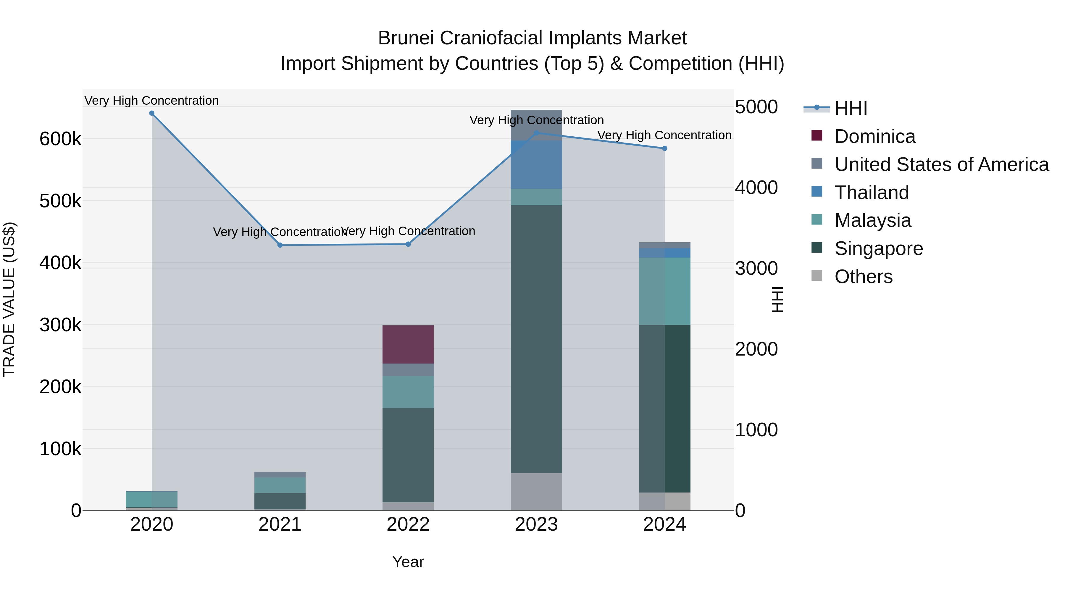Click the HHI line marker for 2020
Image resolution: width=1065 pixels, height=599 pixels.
pyautogui.click(x=152, y=113)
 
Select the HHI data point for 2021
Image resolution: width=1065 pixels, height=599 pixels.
pyautogui.click(x=280, y=245)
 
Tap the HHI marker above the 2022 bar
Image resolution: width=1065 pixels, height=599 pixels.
pyautogui.click(x=408, y=244)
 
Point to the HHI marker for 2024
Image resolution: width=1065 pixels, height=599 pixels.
pyautogui.click(x=665, y=148)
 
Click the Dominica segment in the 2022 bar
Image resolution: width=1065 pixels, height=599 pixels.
pyautogui.click(x=408, y=344)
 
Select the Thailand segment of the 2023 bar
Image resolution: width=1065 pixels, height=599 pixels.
pyautogui.click(x=536, y=165)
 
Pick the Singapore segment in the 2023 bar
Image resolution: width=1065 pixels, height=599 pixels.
pyautogui.click(x=536, y=339)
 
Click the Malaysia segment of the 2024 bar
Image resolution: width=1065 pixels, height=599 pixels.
pyautogui.click(x=665, y=291)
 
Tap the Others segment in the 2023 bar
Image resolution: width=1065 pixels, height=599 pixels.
pyautogui.click(x=536, y=492)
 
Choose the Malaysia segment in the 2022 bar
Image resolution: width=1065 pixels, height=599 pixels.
pyautogui.click(x=408, y=392)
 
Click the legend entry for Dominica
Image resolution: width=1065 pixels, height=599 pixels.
pyautogui.click(x=874, y=136)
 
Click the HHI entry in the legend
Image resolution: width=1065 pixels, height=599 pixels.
pyautogui.click(x=851, y=108)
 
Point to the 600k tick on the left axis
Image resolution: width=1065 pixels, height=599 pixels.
pyautogui.click(x=60, y=139)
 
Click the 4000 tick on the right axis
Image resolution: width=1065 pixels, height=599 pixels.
pyautogui.click(x=756, y=188)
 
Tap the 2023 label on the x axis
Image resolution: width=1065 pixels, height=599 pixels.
pyautogui.click(x=536, y=524)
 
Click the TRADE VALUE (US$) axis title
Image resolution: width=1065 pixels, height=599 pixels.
pyautogui.click(x=9, y=299)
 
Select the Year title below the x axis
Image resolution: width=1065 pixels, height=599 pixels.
pyautogui.click(x=408, y=562)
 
